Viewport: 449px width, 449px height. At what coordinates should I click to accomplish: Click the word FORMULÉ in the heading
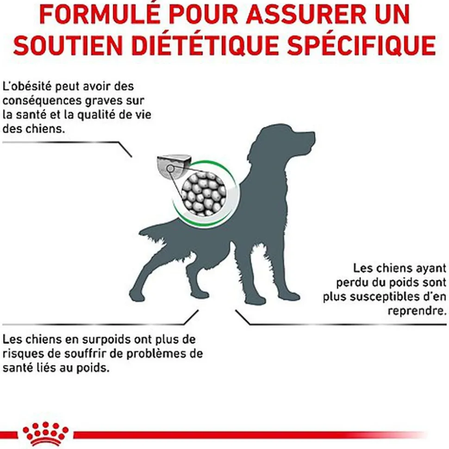click(x=100, y=14)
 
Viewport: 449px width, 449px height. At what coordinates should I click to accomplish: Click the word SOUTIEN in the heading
click(x=68, y=45)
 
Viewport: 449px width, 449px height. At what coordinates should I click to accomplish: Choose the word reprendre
click(x=417, y=311)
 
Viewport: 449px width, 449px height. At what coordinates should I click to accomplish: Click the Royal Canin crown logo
click(x=45, y=434)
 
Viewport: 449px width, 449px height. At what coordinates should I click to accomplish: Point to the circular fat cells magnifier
click(x=204, y=194)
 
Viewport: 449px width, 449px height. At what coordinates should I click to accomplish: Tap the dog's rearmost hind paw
click(x=137, y=295)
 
